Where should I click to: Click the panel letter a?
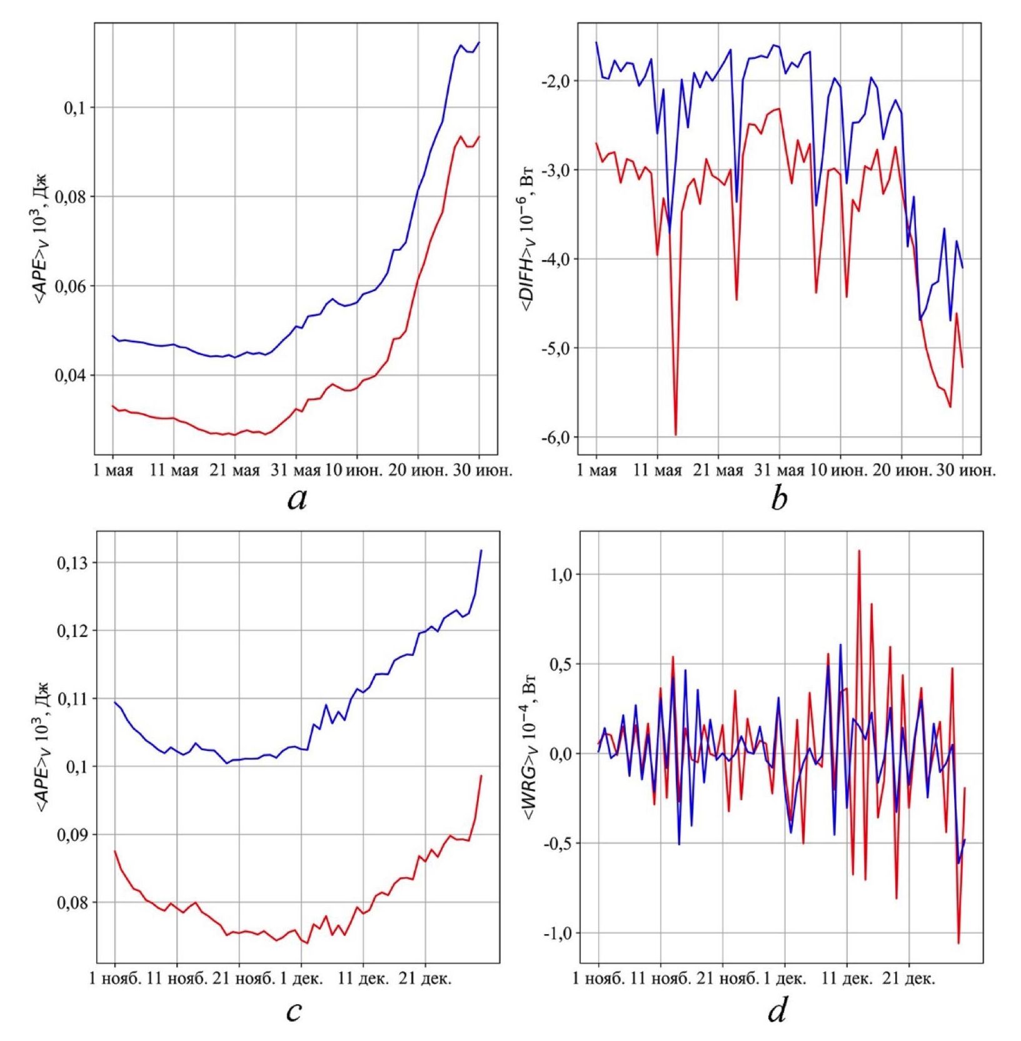[x=298, y=499]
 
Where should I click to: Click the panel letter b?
[x=779, y=499]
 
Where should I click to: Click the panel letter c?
[x=294, y=1011]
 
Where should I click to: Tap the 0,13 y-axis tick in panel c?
[x=73, y=563]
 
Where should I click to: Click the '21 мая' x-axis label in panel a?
[x=235, y=470]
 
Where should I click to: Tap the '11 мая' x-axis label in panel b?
[x=657, y=470]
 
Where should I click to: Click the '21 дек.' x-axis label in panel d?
[x=909, y=978]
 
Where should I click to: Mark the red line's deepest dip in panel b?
[x=676, y=435]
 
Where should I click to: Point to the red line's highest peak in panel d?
[x=859, y=551]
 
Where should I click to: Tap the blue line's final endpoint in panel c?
[x=481, y=550]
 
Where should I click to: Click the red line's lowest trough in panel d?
[x=958, y=943]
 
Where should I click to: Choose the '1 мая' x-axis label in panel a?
[x=113, y=470]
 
